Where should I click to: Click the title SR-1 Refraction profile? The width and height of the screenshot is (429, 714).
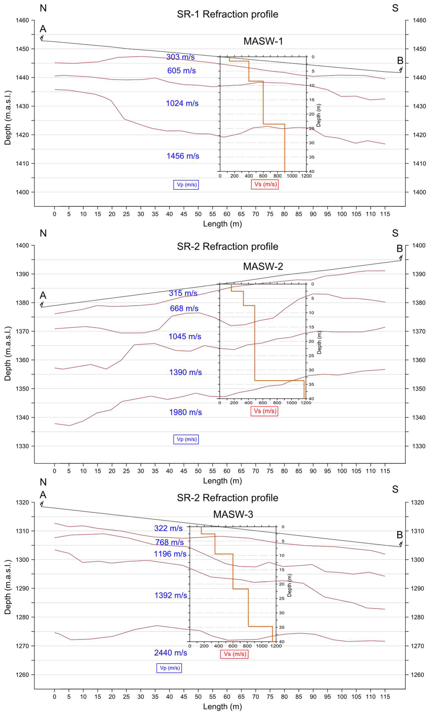click(x=227, y=14)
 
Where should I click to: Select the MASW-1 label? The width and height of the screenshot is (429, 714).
click(x=263, y=41)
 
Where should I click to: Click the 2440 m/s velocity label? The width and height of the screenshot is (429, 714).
click(x=171, y=653)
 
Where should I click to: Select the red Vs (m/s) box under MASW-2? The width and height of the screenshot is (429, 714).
click(x=264, y=411)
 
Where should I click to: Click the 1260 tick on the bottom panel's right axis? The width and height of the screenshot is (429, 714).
click(x=417, y=675)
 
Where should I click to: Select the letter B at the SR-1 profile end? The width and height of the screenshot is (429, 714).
click(x=400, y=61)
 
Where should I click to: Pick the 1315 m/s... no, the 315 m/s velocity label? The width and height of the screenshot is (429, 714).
click(x=183, y=293)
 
